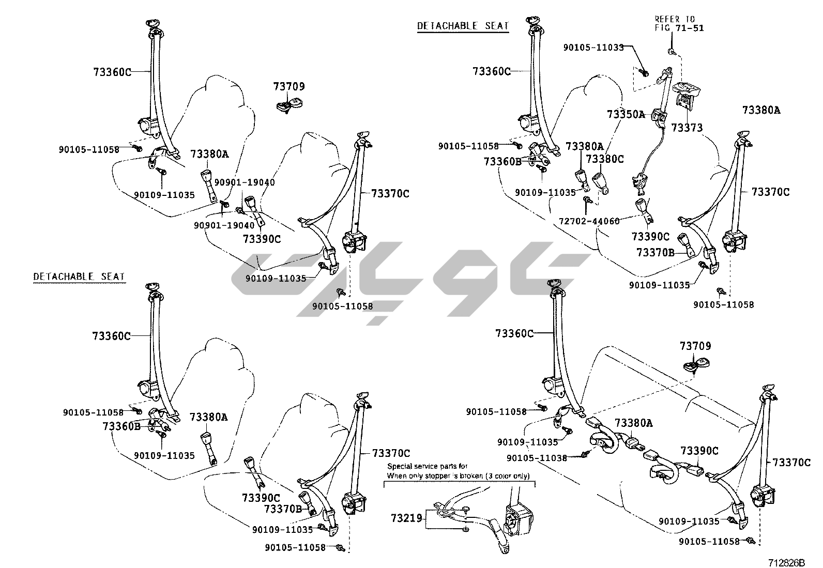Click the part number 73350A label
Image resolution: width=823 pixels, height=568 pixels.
coord(626,114)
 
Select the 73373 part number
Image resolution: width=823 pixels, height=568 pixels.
coord(687,127)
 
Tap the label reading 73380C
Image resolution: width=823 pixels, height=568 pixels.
coord(605,159)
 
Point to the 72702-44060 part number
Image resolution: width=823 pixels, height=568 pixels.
coord(589,221)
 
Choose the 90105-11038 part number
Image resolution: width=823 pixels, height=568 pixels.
coord(537,458)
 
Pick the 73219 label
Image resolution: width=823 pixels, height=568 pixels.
coord(406,518)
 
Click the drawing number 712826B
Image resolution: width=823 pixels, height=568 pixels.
coord(787,562)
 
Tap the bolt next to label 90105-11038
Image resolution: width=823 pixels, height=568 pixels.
coord(586,454)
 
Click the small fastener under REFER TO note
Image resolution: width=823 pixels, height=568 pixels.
coord(671,51)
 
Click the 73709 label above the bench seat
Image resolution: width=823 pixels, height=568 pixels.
coord(695,346)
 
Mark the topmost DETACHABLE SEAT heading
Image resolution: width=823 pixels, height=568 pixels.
coord(463,26)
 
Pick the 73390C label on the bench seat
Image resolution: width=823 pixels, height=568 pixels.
coord(699,451)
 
